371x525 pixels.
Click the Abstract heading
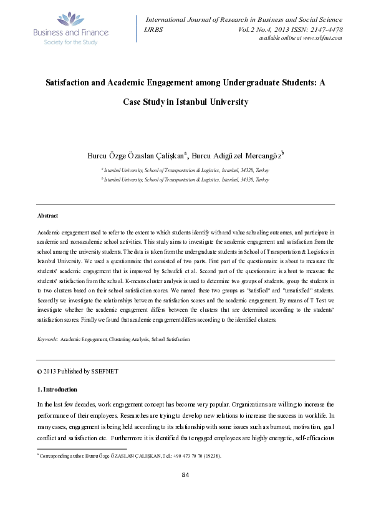coord(48,215)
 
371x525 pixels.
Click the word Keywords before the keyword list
coord(48,339)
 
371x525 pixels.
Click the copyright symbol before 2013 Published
coord(39,371)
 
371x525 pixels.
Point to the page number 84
coord(185,476)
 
